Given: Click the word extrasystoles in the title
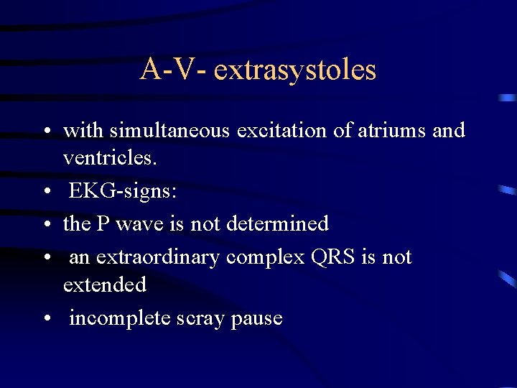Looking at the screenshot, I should coord(295,70).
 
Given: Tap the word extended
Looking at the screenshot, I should coord(104,285).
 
